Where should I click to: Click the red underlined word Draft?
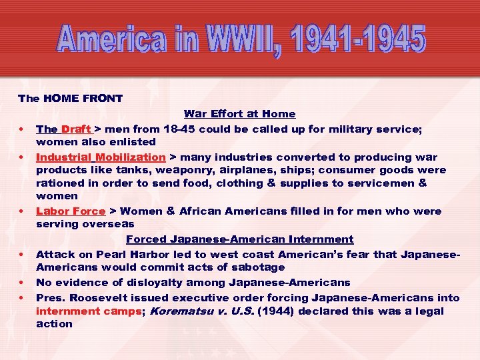(76, 129)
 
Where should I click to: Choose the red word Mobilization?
(130, 157)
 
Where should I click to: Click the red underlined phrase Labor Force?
(70, 211)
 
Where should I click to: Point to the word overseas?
(108, 224)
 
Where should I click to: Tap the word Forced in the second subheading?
(145, 239)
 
